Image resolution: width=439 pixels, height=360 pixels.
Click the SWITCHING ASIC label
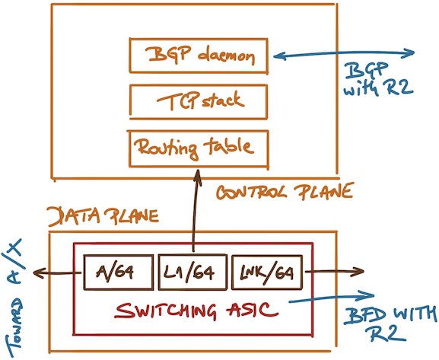[196, 311]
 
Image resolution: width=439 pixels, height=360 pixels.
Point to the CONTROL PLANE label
[284, 192]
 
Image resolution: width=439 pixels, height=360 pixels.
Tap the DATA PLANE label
[103, 216]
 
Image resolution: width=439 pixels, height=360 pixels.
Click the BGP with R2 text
[379, 79]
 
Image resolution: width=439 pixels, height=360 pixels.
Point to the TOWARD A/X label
[14, 298]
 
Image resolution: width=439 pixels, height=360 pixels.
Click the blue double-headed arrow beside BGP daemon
[344, 53]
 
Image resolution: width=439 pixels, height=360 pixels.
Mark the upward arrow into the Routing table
[196, 210]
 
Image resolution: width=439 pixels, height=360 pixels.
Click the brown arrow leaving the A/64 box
[57, 272]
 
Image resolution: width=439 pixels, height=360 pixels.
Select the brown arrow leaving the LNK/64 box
[334, 271]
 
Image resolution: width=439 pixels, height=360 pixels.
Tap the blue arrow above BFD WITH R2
[332, 298]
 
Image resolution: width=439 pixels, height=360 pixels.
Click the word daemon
[226, 56]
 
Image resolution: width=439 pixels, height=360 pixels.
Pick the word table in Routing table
[228, 147]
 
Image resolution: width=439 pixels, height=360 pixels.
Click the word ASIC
[252, 310]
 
